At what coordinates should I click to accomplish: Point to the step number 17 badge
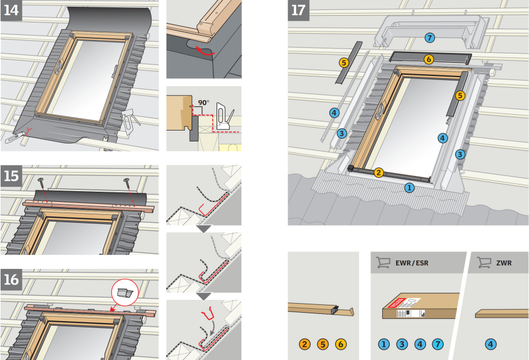pyautogui.click(x=298, y=10)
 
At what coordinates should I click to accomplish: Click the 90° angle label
pyautogui.click(x=203, y=103)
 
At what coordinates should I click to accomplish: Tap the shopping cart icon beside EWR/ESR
pyautogui.click(x=383, y=262)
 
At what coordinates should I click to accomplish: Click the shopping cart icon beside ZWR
pyautogui.click(x=483, y=262)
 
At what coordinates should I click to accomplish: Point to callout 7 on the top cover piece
pyautogui.click(x=429, y=38)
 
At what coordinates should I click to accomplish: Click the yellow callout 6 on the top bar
pyautogui.click(x=429, y=58)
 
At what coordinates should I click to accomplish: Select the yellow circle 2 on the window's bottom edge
pyautogui.click(x=379, y=173)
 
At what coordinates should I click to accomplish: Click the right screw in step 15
pyautogui.click(x=125, y=181)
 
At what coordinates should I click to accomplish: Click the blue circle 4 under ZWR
pyautogui.click(x=490, y=344)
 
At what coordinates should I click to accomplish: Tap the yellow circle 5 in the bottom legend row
pyautogui.click(x=322, y=344)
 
